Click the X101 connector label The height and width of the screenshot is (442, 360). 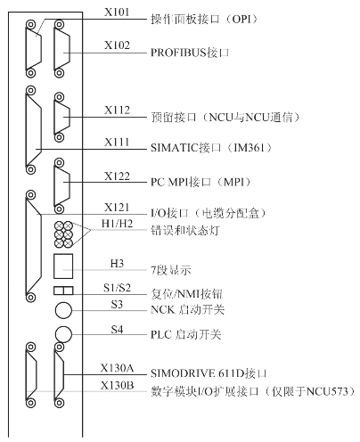click(x=117, y=12)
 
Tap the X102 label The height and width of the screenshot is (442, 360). click(x=117, y=45)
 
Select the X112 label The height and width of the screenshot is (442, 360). click(x=117, y=110)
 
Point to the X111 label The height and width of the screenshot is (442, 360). click(x=117, y=143)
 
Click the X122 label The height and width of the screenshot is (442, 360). click(x=117, y=176)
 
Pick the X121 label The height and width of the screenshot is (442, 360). click(x=117, y=208)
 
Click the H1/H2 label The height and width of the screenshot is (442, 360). click(x=117, y=224)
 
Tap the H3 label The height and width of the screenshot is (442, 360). click(x=117, y=264)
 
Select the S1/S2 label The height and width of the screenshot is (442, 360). click(x=117, y=288)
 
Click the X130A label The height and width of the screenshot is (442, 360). click(x=117, y=368)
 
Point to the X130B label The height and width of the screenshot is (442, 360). click(x=117, y=386)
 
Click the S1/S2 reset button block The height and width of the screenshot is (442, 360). click(x=63, y=291)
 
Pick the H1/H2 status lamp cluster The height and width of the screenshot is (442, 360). click(x=63, y=234)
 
